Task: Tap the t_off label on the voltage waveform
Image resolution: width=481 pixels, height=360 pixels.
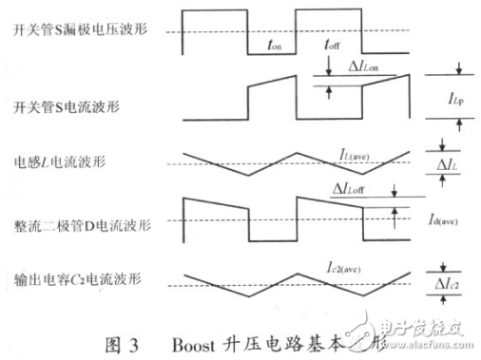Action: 331,44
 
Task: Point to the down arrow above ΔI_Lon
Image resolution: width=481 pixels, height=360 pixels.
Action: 328,65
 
